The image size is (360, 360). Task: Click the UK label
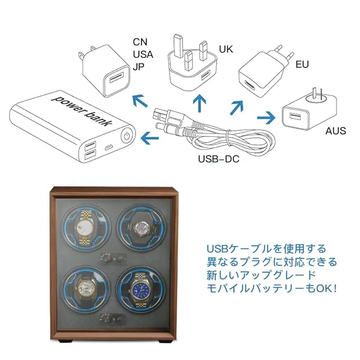point(226,49)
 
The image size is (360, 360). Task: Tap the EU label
point(302,64)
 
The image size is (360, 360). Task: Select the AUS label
point(336,131)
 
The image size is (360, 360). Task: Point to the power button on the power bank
point(128,135)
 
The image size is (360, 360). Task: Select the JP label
point(139,67)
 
